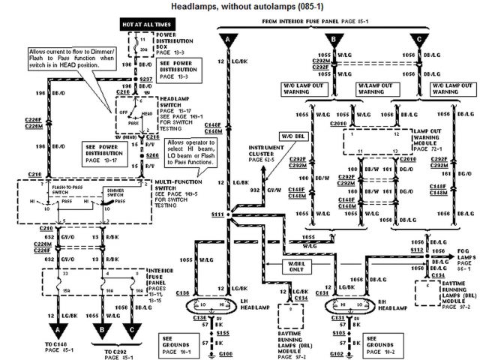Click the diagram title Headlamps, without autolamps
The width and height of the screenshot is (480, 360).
[x=240, y=7]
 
